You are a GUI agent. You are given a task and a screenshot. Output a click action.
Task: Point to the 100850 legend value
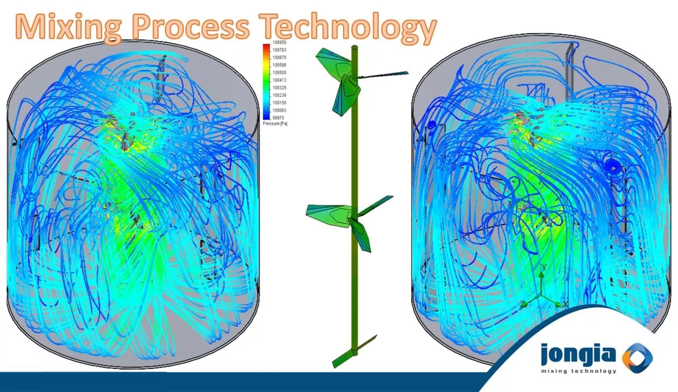279,42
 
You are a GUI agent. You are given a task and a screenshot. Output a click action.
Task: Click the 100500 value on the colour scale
279,73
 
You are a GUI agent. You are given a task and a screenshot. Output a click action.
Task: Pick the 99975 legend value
279,118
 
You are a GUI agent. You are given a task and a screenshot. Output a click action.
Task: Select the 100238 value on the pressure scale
279,95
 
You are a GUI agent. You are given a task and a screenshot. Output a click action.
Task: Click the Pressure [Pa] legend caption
275,123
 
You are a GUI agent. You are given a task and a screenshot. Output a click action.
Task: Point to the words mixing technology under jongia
579,371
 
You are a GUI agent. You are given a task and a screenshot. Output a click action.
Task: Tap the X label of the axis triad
565,304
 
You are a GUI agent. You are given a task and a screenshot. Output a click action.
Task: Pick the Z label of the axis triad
522,304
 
